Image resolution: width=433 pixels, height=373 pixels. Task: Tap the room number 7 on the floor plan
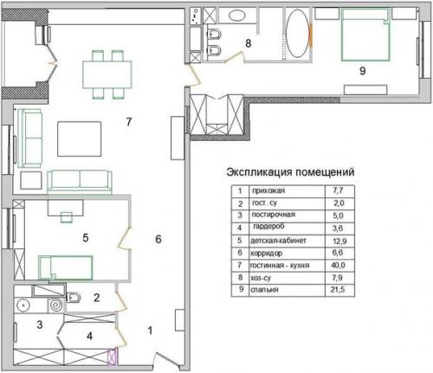127,123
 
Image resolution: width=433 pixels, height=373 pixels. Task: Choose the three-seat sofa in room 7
80,180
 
